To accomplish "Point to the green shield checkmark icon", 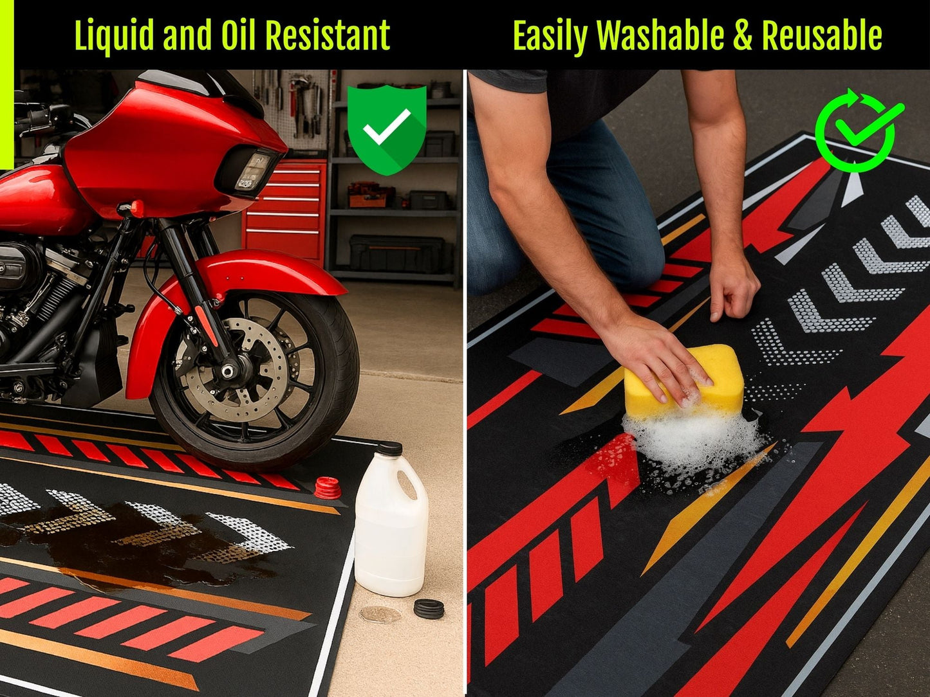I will click(386, 129).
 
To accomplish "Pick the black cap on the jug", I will click(389, 448).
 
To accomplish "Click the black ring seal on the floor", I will click(429, 608).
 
